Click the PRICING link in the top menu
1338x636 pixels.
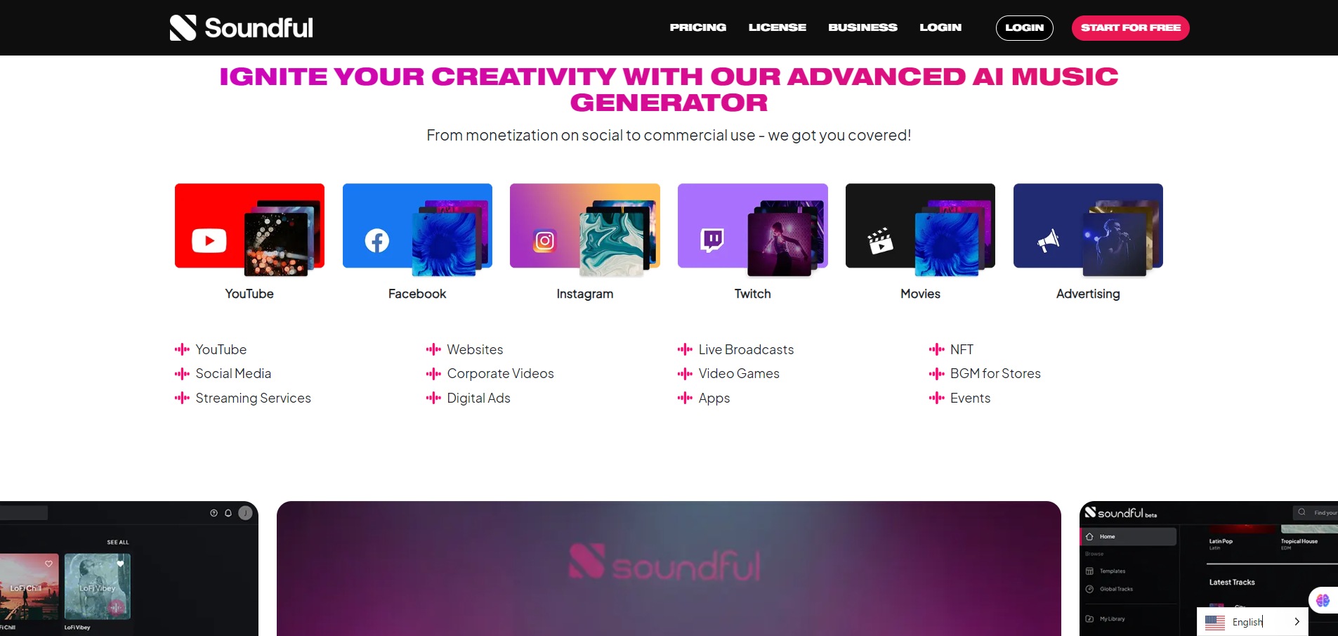[x=697, y=27]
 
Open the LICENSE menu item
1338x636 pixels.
[x=777, y=27]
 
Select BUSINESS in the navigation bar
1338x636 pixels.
[x=863, y=27]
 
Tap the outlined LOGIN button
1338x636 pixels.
[x=1024, y=28]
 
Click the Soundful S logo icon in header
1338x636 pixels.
[x=183, y=28]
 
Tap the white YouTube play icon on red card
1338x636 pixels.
[x=209, y=240]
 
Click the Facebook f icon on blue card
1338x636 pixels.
[x=377, y=241]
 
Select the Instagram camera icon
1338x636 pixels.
[x=544, y=241]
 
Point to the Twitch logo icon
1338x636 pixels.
[x=712, y=240]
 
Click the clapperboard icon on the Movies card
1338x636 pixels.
[x=879, y=241]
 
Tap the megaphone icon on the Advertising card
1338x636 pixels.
[x=1048, y=241]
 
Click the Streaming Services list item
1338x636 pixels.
[x=253, y=398]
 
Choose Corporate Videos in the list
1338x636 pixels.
[x=500, y=374]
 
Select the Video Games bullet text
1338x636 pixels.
[x=738, y=374]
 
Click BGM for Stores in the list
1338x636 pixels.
[x=995, y=374]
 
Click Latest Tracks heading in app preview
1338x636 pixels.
[x=1231, y=582]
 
